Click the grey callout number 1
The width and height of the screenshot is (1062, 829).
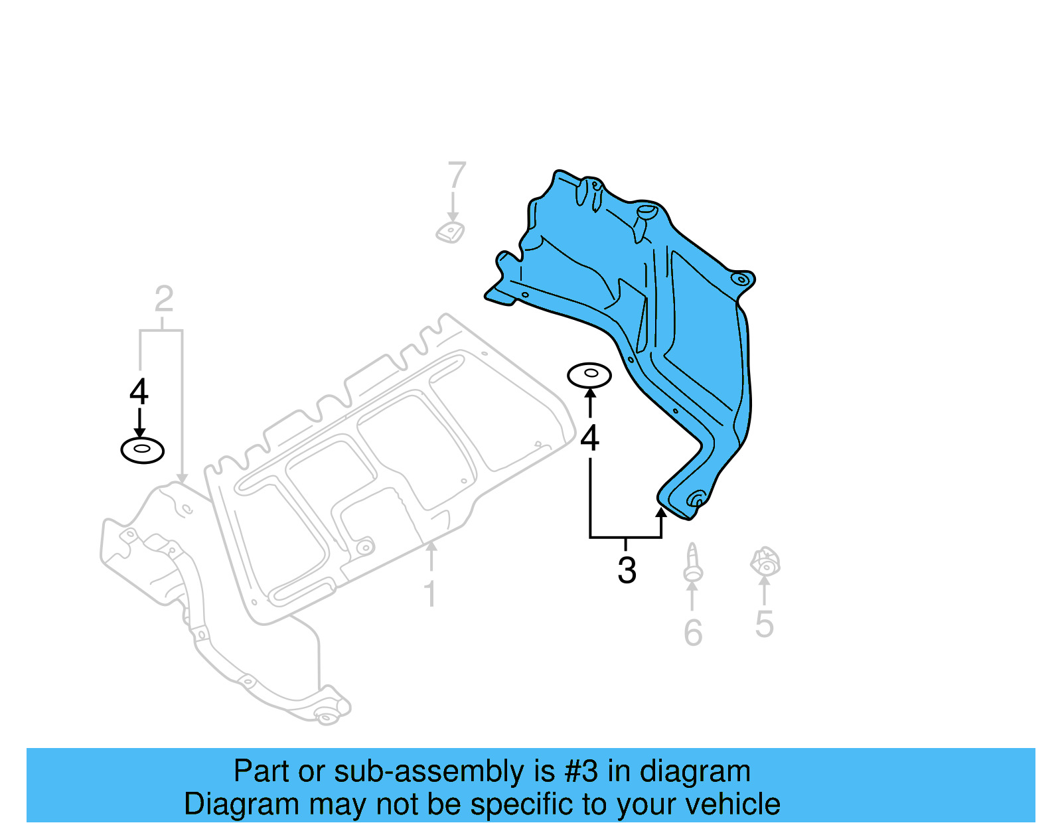[430, 593]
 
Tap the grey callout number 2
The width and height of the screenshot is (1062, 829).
[163, 299]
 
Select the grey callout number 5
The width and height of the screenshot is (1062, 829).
[764, 624]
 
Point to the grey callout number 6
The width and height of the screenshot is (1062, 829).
[693, 633]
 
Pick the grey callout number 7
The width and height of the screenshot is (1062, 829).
[457, 176]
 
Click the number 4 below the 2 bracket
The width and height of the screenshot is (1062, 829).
[139, 392]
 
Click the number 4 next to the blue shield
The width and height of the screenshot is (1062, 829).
[589, 439]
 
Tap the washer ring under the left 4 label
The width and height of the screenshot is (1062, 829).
[142, 451]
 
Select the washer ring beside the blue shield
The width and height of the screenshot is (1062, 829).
[589, 375]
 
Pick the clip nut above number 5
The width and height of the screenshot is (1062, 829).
[765, 562]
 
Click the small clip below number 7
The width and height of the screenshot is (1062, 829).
[450, 232]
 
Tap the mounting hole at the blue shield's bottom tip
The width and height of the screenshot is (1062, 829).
[697, 499]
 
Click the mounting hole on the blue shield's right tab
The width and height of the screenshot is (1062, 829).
[741, 279]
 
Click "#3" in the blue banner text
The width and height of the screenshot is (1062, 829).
[581, 771]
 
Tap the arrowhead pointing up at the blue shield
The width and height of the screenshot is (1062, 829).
[661, 513]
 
